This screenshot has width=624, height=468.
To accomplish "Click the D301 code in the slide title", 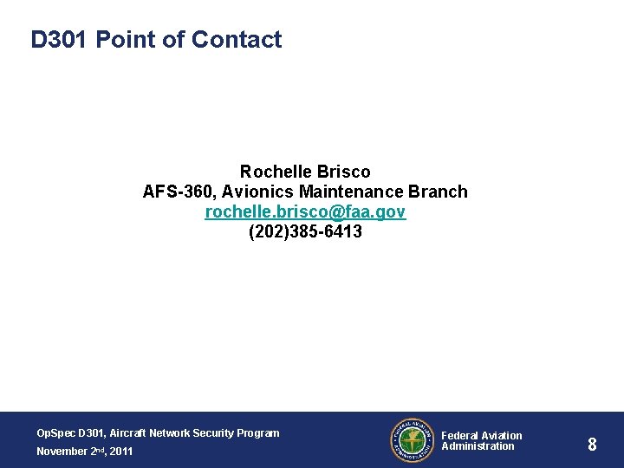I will pos(60,40).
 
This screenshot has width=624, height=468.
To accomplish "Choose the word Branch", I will pos(438,192).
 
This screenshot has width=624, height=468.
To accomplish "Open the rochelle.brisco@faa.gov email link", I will pos(305,212).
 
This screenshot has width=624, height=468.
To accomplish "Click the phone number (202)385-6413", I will pos(305,232).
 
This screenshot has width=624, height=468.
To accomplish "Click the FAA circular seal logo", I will pos(411,440).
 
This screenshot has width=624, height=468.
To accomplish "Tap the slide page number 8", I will pos(592,445).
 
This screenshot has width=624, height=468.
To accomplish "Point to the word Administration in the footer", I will pos(478,446).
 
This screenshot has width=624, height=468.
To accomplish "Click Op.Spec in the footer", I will pos(55,433).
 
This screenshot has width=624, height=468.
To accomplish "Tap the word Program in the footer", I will pos(259,433).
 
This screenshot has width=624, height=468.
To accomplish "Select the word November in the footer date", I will pos(62,452).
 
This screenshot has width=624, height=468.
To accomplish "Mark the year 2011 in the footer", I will pos(121,452).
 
